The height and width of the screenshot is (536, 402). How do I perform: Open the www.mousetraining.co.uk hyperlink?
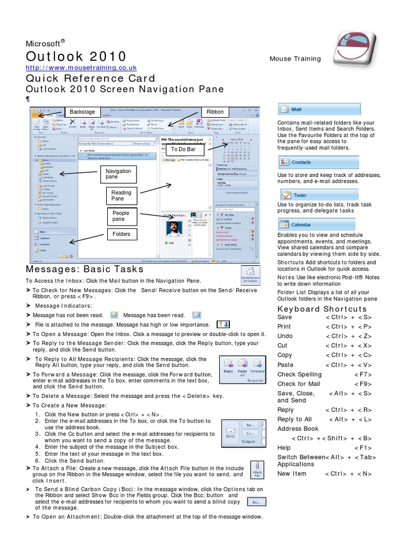click(x=81, y=68)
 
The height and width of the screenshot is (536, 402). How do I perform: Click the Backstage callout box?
click(x=82, y=112)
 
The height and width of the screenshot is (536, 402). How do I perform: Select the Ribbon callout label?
click(x=215, y=112)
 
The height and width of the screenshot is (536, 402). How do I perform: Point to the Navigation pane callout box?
click(x=118, y=174)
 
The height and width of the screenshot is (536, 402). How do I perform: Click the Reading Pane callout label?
click(x=121, y=196)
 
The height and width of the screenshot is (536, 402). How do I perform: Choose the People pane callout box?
click(x=121, y=216)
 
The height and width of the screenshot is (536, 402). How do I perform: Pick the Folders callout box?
click(x=121, y=234)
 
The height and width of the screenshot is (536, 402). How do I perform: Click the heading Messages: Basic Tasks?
click(x=84, y=269)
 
